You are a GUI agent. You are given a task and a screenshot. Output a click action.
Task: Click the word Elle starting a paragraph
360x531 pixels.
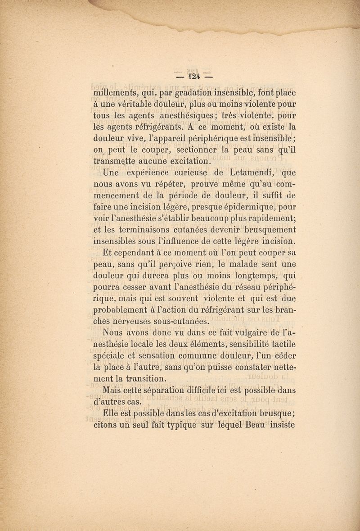[112, 413]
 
